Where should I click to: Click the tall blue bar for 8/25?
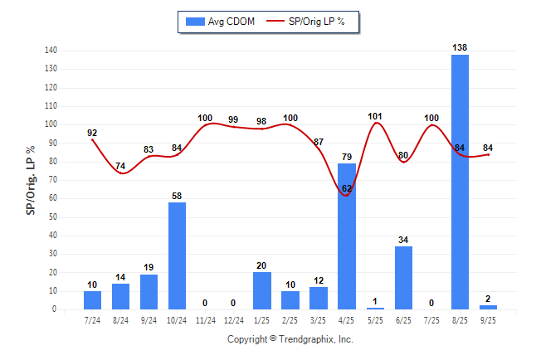point(460,182)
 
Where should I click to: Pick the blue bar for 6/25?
point(403,278)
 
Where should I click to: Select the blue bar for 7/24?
point(92,299)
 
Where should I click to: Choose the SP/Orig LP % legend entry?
point(313,22)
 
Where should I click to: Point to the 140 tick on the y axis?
point(51,51)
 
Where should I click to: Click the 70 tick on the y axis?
point(52,180)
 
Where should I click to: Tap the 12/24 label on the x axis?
point(234,319)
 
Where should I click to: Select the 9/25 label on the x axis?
point(488,319)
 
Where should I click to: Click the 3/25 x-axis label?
point(319,319)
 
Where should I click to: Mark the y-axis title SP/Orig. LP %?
point(31,179)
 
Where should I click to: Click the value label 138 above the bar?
point(460,47)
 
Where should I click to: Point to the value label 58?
point(178,195)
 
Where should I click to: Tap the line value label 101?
point(376,115)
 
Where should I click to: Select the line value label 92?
point(92,132)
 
